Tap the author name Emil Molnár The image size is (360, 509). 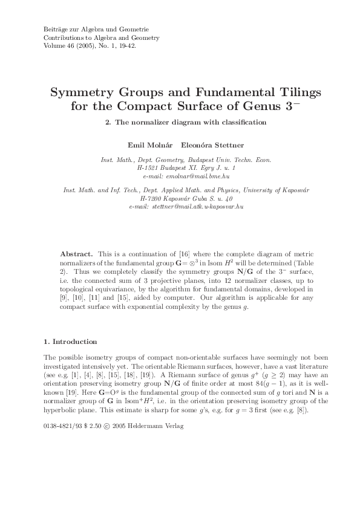(x=146, y=146)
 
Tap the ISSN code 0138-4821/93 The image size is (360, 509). (x=65, y=426)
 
